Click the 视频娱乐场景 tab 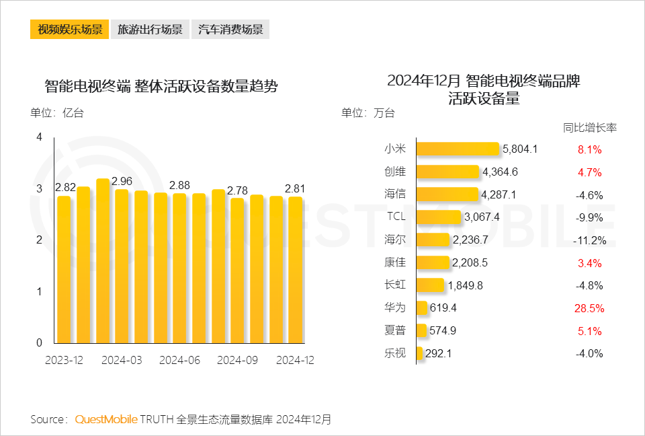(x=69, y=30)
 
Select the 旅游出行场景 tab (x=150, y=30)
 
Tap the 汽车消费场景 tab (x=230, y=30)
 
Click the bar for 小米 (x=458, y=149)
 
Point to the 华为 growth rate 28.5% (x=589, y=308)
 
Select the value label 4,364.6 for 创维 (x=500, y=172)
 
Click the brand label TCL (x=396, y=217)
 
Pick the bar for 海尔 (x=433, y=240)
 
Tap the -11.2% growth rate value (x=589, y=240)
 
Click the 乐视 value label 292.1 (x=439, y=353)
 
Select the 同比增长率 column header (x=589, y=128)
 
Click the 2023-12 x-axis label (x=64, y=360)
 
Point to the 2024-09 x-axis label (x=237, y=360)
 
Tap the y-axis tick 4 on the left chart (x=39, y=137)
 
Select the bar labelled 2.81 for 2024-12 (x=295, y=269)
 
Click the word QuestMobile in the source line (x=106, y=419)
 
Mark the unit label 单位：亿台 (x=57, y=113)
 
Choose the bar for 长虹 (x=431, y=285)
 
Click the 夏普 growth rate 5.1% (x=589, y=331)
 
